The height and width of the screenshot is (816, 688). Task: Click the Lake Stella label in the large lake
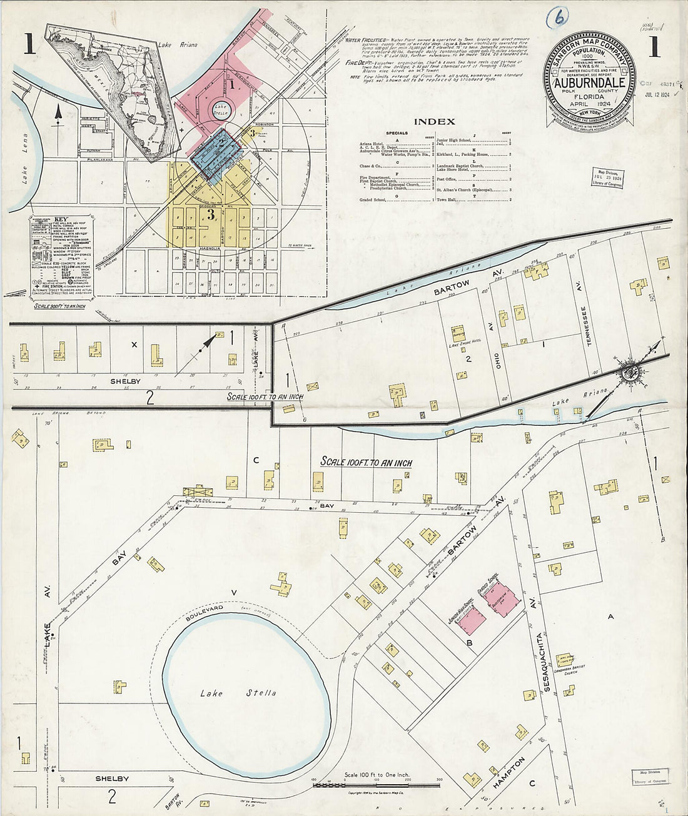pyautogui.click(x=238, y=693)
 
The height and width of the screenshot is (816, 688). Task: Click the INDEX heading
pyautogui.click(x=434, y=121)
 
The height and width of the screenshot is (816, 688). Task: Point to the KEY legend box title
pyautogui.click(x=60, y=219)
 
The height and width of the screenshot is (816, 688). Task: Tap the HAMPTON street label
pyautogui.click(x=508, y=768)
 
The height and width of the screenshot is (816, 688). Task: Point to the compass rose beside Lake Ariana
pyautogui.click(x=629, y=372)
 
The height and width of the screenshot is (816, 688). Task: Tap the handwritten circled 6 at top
pyautogui.click(x=557, y=19)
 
